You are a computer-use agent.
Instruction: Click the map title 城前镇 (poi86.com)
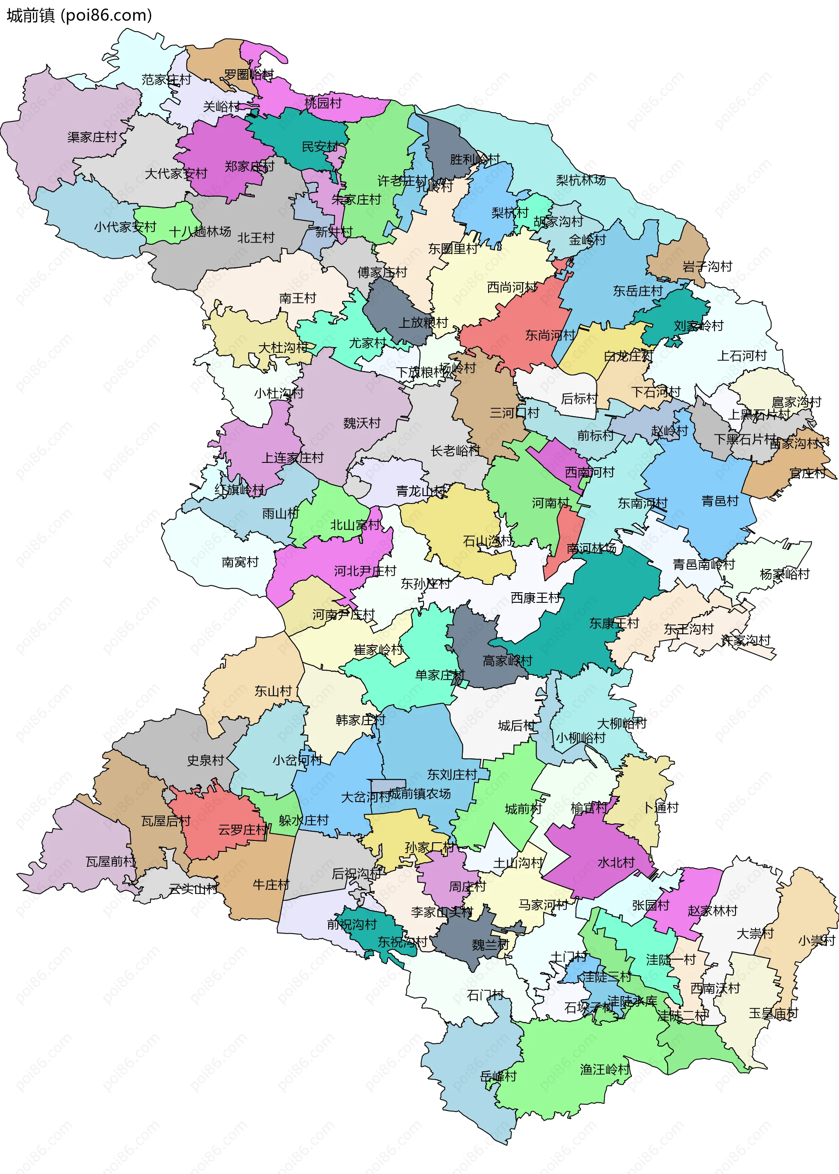(79, 15)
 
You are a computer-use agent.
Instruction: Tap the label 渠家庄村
(92, 137)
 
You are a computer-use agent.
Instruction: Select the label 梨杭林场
(581, 181)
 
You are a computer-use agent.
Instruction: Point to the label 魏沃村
(362, 423)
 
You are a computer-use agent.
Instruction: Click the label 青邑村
(720, 501)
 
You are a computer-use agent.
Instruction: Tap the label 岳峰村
(498, 1077)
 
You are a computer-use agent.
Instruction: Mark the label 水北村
(616, 862)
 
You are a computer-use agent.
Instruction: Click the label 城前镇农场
(419, 794)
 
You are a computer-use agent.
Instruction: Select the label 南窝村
(240, 562)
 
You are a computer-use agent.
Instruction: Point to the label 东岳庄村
(638, 291)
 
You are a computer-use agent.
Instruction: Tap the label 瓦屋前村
(111, 861)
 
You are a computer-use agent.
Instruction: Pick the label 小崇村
(816, 940)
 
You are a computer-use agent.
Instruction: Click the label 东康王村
(614, 623)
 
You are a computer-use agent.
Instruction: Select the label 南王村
(297, 298)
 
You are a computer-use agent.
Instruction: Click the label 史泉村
(205, 760)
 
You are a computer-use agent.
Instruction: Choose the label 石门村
(485, 995)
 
